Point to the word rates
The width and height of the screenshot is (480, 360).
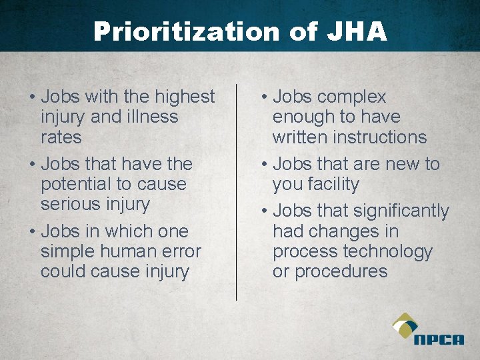61,137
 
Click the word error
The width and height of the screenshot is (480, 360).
179,251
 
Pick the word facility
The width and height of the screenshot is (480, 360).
333,184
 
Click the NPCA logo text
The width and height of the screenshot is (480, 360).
438,340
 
